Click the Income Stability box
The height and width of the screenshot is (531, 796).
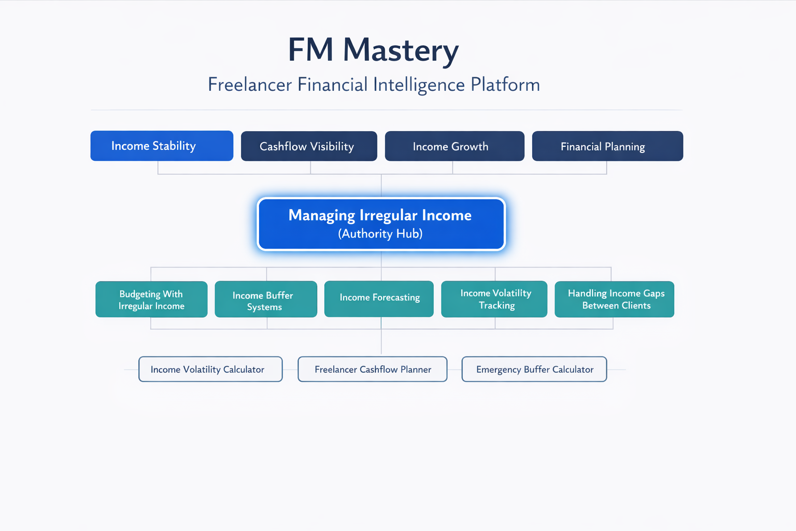pyautogui.click(x=162, y=146)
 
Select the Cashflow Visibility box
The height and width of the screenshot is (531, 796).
pyautogui.click(x=309, y=146)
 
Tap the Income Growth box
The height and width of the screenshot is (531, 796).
pyautogui.click(x=454, y=146)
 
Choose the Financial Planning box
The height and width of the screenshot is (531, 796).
pyautogui.click(x=607, y=146)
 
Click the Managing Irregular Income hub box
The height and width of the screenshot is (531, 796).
pyautogui.click(x=381, y=224)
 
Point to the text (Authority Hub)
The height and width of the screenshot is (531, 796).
pyautogui.click(x=380, y=234)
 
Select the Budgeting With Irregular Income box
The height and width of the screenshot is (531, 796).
pyautogui.click(x=151, y=299)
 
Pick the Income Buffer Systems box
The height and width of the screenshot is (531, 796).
pyautogui.click(x=266, y=299)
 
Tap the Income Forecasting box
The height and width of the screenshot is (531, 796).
pyautogui.click(x=379, y=299)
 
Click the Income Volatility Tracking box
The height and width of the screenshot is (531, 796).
pyautogui.click(x=494, y=299)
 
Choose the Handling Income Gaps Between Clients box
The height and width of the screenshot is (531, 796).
pyautogui.click(x=614, y=299)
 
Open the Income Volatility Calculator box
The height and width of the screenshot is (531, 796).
pyautogui.click(x=210, y=369)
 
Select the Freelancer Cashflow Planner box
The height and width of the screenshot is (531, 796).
pyautogui.click(x=372, y=369)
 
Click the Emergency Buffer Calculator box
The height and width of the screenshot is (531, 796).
pyautogui.click(x=534, y=369)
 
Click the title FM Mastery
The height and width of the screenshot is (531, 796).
pyautogui.click(x=373, y=50)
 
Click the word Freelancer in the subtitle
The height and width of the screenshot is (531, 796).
pyautogui.click(x=250, y=85)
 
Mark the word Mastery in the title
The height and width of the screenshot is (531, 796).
pyautogui.click(x=401, y=50)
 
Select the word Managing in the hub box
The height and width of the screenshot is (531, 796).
pyautogui.click(x=321, y=215)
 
